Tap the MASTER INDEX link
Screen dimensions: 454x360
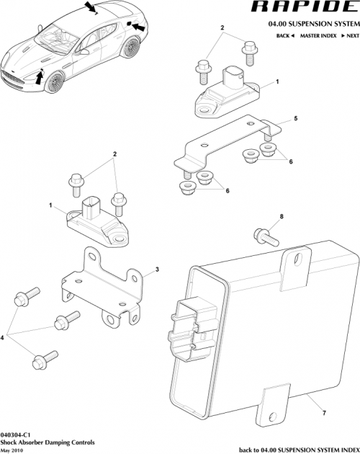319,35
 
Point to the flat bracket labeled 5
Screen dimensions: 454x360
223,144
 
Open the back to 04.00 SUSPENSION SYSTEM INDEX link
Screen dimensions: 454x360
298,449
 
